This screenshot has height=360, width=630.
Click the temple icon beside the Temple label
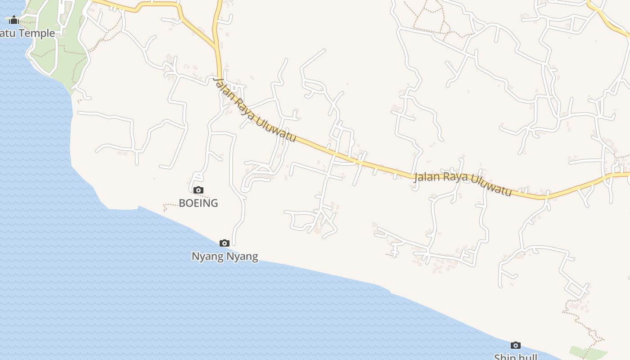click(13, 20)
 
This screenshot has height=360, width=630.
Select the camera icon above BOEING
click(198, 190)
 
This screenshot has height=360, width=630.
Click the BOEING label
click(198, 203)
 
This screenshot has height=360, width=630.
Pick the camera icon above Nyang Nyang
click(224, 243)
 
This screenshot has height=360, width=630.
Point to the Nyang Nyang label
click(225, 256)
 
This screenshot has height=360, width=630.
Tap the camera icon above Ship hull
click(516, 346)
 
